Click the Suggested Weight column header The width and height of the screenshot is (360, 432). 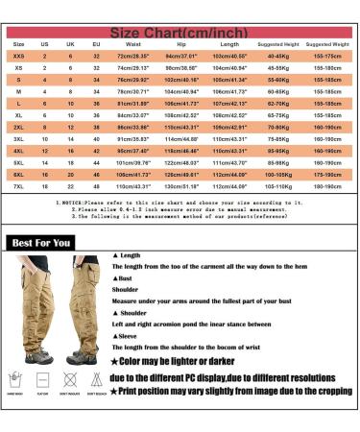[x=327, y=44]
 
